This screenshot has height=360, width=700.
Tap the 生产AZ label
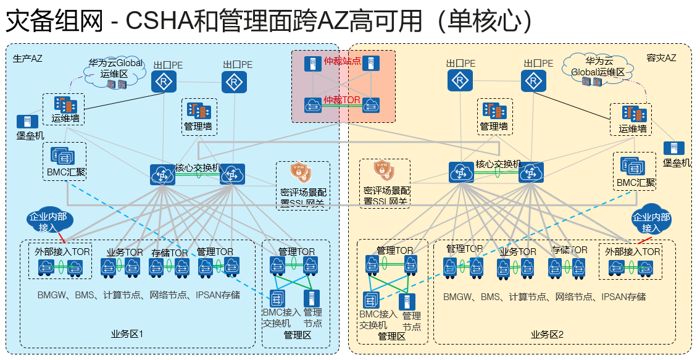pos(28,59)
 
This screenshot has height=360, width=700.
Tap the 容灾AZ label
pos(661,58)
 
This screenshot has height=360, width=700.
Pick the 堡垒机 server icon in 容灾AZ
pos(671,148)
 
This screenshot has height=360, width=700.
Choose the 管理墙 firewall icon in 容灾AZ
pos(494,111)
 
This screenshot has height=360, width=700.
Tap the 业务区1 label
pos(127,334)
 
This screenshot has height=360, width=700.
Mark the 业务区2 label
pos(548,335)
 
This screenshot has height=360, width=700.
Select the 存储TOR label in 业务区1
pos(170,253)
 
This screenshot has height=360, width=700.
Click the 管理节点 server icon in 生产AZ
pos(312,298)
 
